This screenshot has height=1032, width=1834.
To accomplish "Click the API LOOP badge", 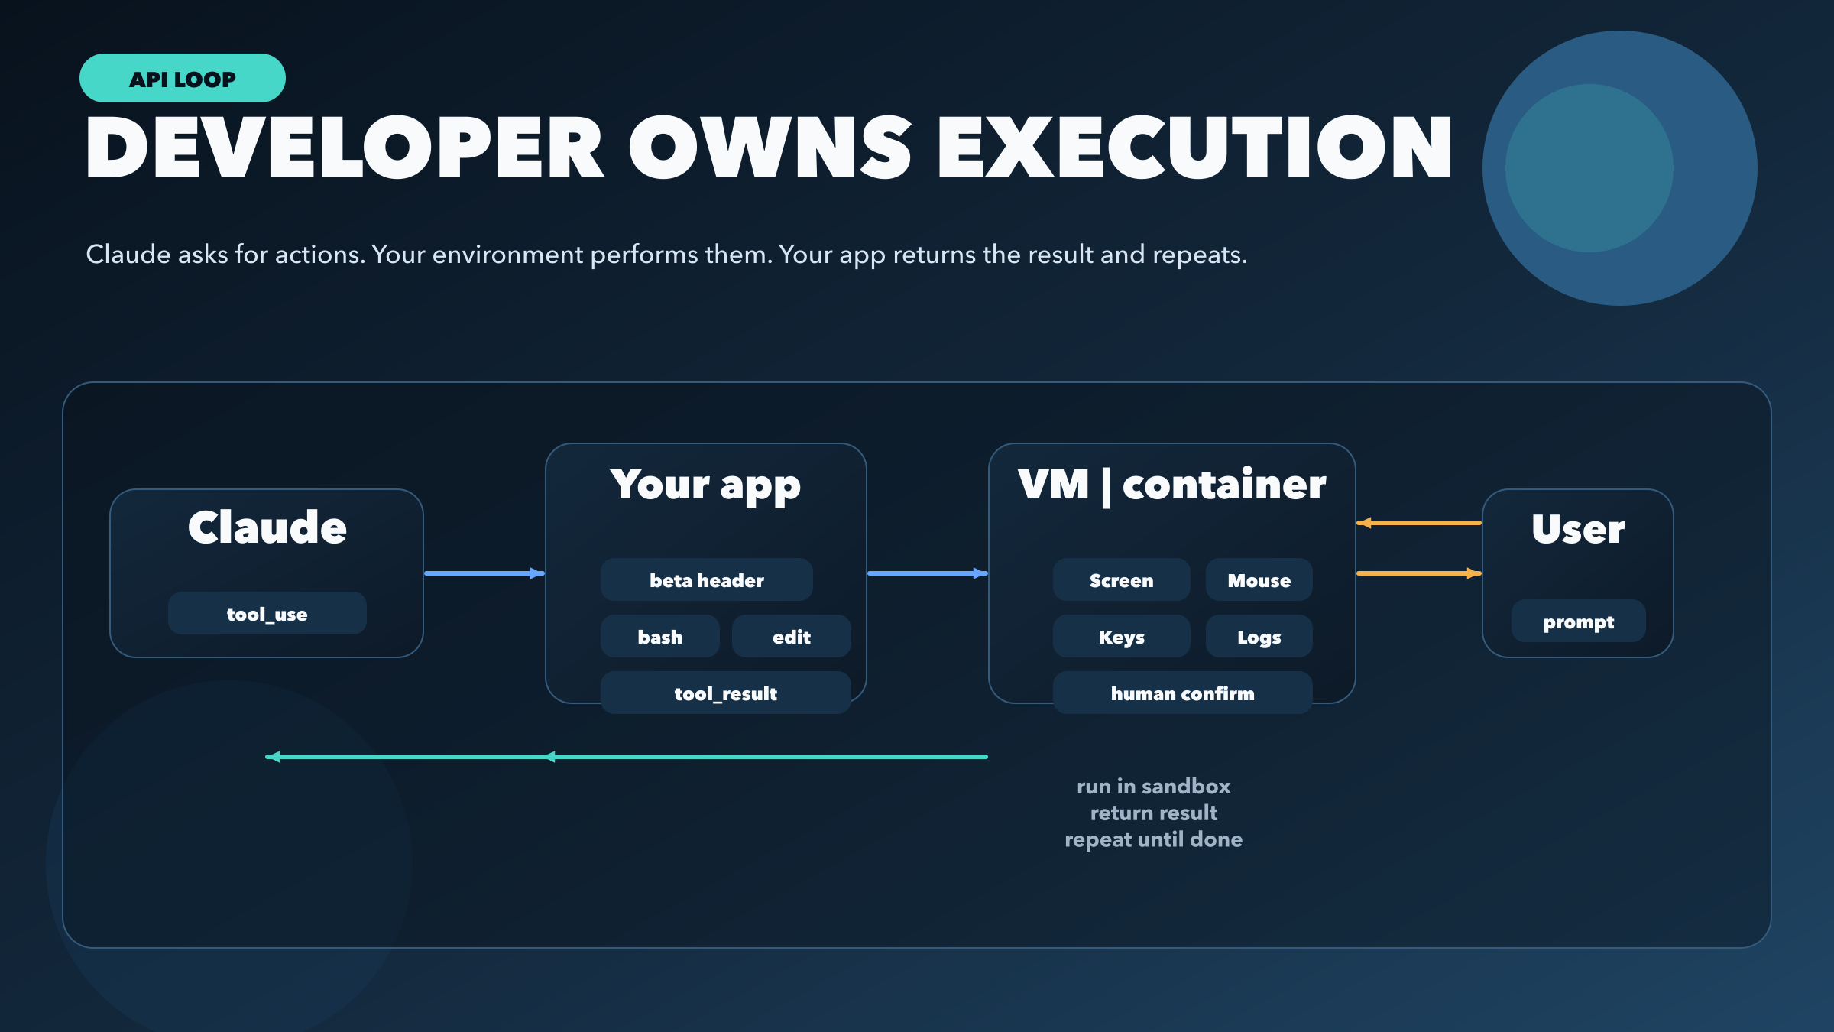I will (182, 78).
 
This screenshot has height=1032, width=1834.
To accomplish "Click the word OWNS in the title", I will (770, 148).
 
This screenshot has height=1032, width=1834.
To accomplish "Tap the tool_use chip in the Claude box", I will (267, 614).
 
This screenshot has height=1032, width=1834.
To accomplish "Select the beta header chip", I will (706, 580).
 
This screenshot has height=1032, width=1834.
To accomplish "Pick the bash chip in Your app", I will (659, 637).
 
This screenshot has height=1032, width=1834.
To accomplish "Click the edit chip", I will (791, 637).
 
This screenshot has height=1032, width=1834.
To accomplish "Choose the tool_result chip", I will (725, 693).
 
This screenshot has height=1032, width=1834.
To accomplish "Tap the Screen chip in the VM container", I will (1121, 580).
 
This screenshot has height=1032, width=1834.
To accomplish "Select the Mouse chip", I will (1259, 580).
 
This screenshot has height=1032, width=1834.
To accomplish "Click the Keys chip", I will (1121, 637).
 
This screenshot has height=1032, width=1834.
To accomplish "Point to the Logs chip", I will (1259, 637).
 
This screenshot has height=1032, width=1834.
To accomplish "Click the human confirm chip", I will (1182, 693).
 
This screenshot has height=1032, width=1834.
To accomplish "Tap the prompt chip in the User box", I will (1578, 621).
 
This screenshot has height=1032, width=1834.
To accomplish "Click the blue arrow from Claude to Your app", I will (484, 573).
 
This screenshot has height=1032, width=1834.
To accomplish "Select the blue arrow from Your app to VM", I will (927, 573).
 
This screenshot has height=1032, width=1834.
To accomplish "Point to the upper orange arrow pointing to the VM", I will (1418, 523).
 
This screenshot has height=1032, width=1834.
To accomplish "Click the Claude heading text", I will (267, 527).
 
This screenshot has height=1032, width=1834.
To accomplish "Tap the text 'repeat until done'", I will (1153, 839).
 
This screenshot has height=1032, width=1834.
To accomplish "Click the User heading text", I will (1578, 529).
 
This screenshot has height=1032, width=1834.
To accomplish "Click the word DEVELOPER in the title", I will (345, 148).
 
